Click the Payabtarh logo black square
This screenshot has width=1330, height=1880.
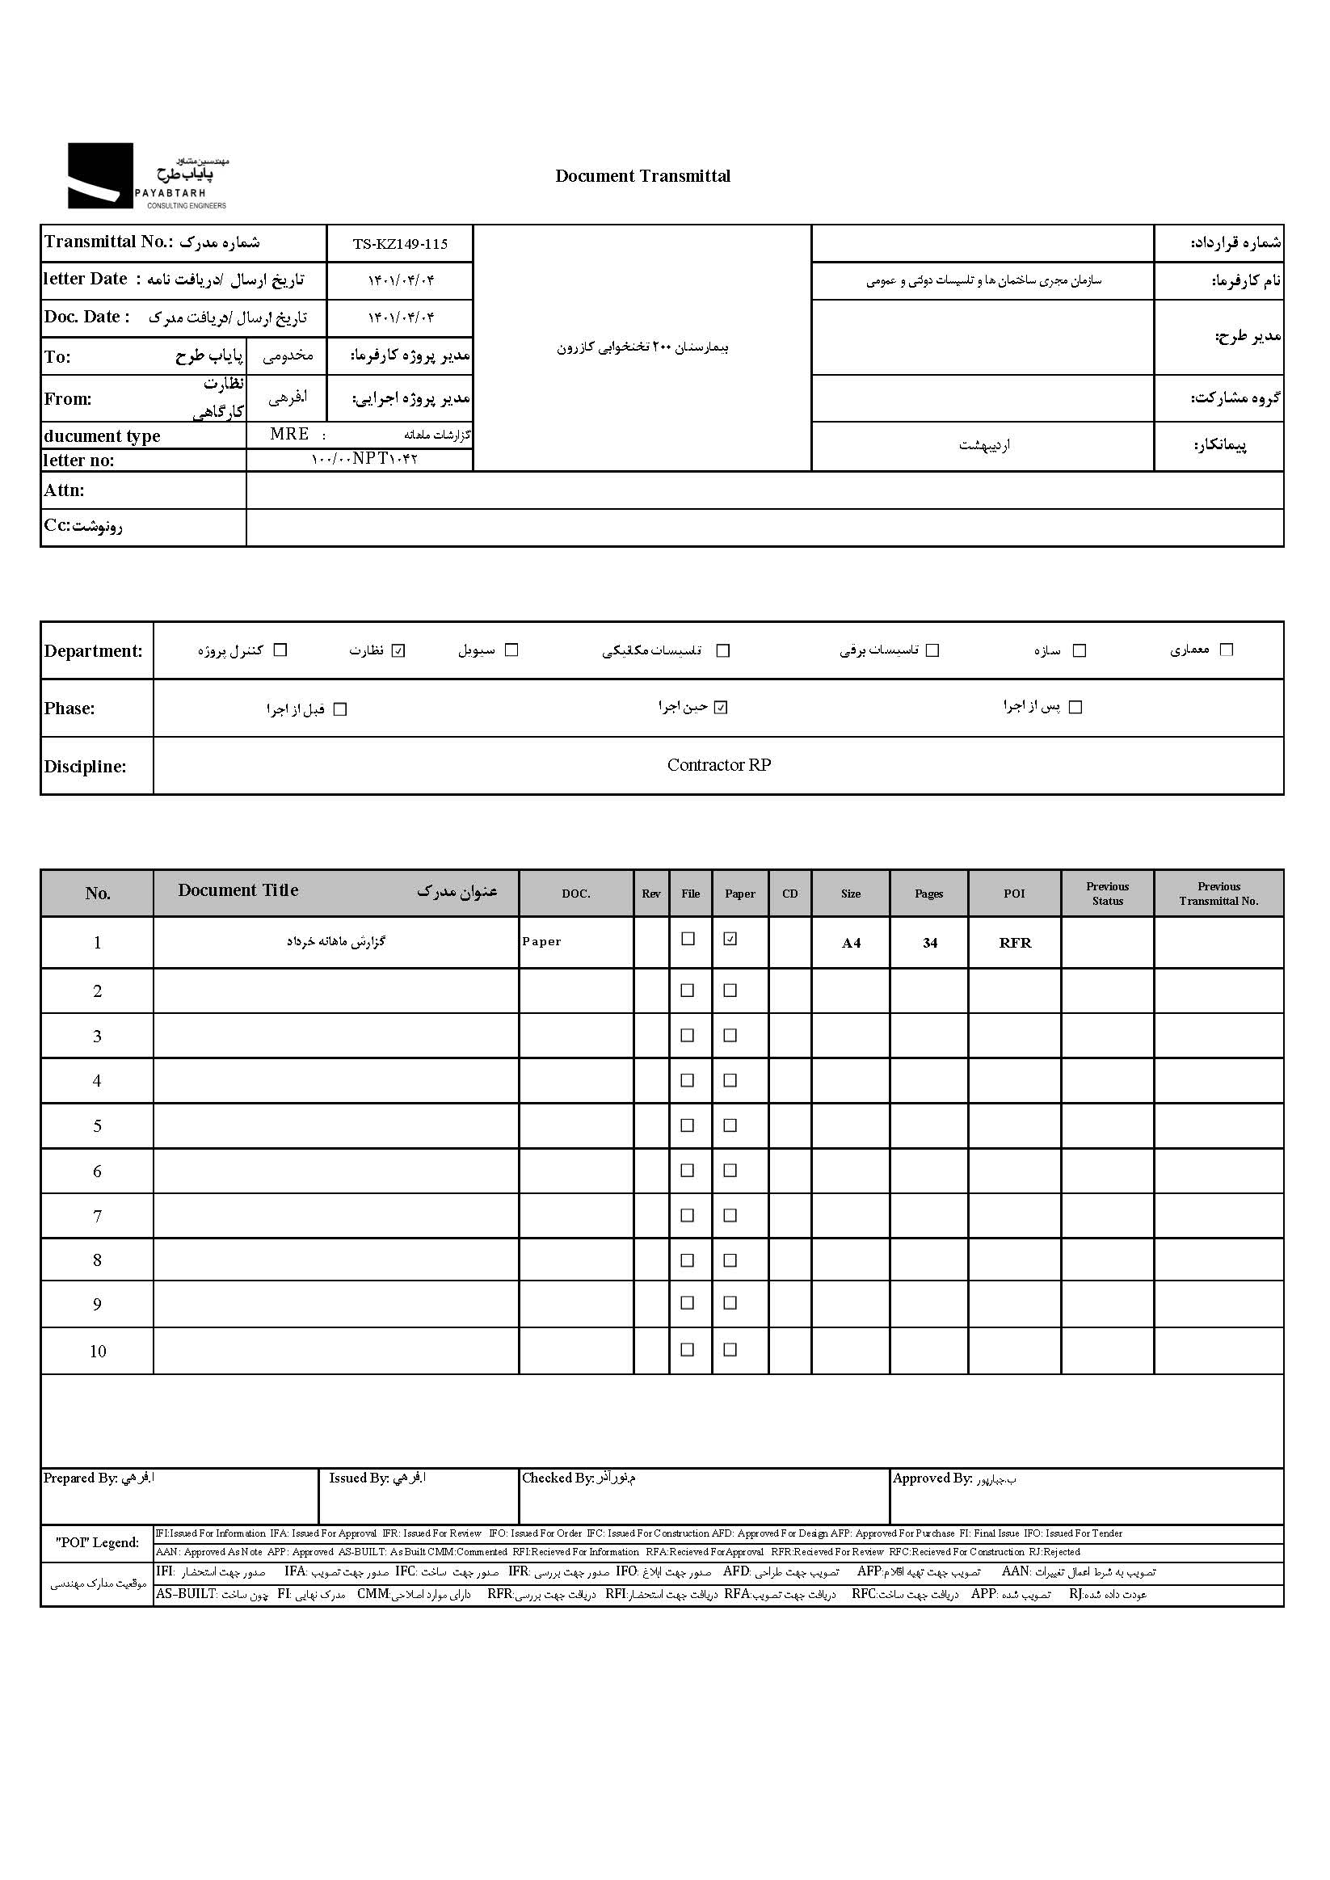tap(100, 175)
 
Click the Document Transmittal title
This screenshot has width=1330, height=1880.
tap(642, 176)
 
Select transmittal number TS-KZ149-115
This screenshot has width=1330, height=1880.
tap(400, 244)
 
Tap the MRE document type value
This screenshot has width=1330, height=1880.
tap(289, 434)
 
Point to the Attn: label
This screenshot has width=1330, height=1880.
tap(64, 490)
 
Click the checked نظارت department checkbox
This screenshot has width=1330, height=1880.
tap(399, 650)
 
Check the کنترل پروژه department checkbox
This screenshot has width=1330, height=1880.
tap(280, 650)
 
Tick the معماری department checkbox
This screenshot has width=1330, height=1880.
tap(1226, 650)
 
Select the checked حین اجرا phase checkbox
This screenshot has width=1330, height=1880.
tap(721, 707)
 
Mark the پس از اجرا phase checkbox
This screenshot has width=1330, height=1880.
tap(1075, 707)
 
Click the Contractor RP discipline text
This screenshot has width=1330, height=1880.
tap(718, 765)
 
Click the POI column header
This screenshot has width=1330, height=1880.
tap(1014, 894)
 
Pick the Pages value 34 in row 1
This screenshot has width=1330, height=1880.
tap(929, 943)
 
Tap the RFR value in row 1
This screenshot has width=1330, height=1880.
tap(1015, 943)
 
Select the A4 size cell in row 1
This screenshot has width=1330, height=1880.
tap(851, 943)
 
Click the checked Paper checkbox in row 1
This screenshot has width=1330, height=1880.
tap(730, 939)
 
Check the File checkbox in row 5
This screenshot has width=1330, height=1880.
tap(687, 1125)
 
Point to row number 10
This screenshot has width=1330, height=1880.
tap(98, 1351)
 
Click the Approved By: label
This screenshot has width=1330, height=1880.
tap(932, 1478)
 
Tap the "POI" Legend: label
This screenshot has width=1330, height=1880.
tap(98, 1542)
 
